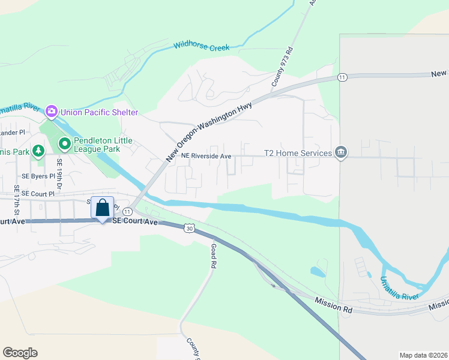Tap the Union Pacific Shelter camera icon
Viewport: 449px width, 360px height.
51,111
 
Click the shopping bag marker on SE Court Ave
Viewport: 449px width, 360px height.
103,208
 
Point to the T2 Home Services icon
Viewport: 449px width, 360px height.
341,152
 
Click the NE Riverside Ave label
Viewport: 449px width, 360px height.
206,156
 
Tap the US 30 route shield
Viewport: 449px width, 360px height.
190,228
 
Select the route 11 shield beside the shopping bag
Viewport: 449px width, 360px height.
127,212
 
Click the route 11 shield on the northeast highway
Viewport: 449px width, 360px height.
342,77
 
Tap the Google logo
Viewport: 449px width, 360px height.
20,353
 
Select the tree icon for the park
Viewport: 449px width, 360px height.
38,151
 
